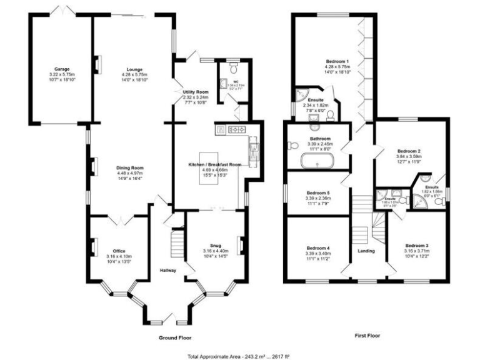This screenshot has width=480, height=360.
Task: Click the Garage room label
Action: (x=61, y=69)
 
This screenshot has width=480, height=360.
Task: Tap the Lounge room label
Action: (x=132, y=69)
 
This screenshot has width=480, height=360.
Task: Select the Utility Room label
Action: (x=195, y=92)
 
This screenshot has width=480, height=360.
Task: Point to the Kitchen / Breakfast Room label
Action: (x=214, y=164)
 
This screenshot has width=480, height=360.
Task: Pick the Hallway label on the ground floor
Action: (x=167, y=270)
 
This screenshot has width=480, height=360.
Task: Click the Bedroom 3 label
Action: (x=417, y=245)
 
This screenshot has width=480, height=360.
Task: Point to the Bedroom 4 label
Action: (x=319, y=248)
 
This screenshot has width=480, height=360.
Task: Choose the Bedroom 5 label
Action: (x=319, y=192)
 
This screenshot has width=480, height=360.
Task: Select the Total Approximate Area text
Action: (x=239, y=356)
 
